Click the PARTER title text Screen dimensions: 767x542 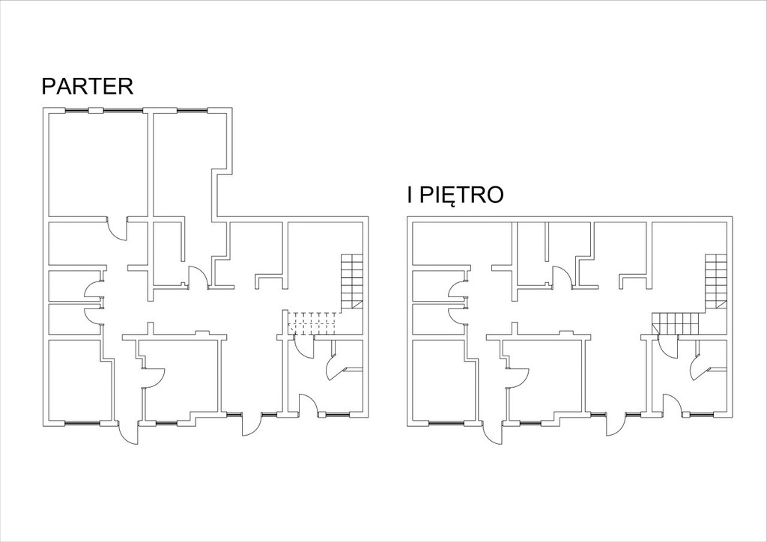click(x=88, y=86)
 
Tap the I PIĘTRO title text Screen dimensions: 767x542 click(x=455, y=195)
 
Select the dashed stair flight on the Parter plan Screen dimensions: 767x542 click(x=314, y=323)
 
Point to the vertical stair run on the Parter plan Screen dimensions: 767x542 click(x=352, y=282)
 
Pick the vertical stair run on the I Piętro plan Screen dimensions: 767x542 click(x=716, y=282)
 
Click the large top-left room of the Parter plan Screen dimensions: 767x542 click(x=98, y=164)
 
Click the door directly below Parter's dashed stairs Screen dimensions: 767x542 click(x=304, y=348)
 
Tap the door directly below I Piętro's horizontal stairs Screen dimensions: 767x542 click(x=668, y=348)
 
